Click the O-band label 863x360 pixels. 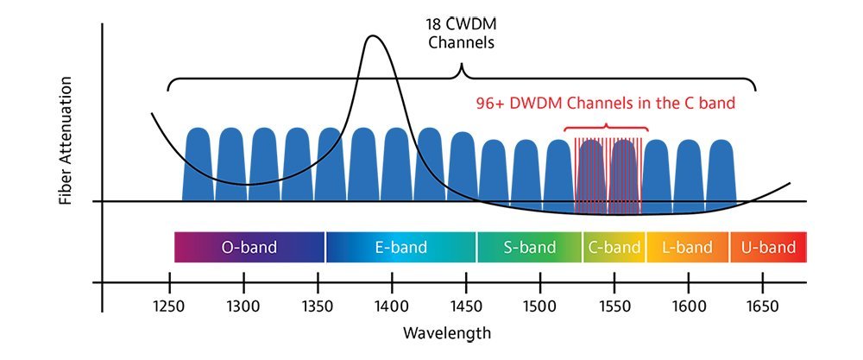tap(249, 248)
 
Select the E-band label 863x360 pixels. tap(400, 248)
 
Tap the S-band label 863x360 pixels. tap(529, 248)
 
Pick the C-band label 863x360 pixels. tap(614, 248)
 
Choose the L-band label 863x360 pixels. tap(687, 248)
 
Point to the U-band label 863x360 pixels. tap(768, 248)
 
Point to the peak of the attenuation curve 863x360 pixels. tap(373, 36)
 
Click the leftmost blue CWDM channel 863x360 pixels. tap(198, 164)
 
